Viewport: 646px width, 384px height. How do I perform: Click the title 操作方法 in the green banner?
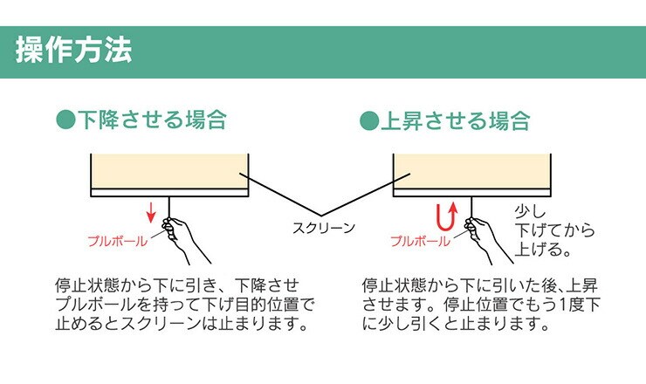73,51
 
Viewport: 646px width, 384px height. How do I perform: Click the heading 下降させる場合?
153,120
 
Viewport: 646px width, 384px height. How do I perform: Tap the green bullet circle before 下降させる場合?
66,120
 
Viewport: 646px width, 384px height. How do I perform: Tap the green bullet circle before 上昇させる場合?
369,120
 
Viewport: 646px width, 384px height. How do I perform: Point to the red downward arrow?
151,212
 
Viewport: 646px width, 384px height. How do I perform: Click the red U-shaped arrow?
446,215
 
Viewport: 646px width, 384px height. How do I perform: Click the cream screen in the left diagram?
170,171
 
